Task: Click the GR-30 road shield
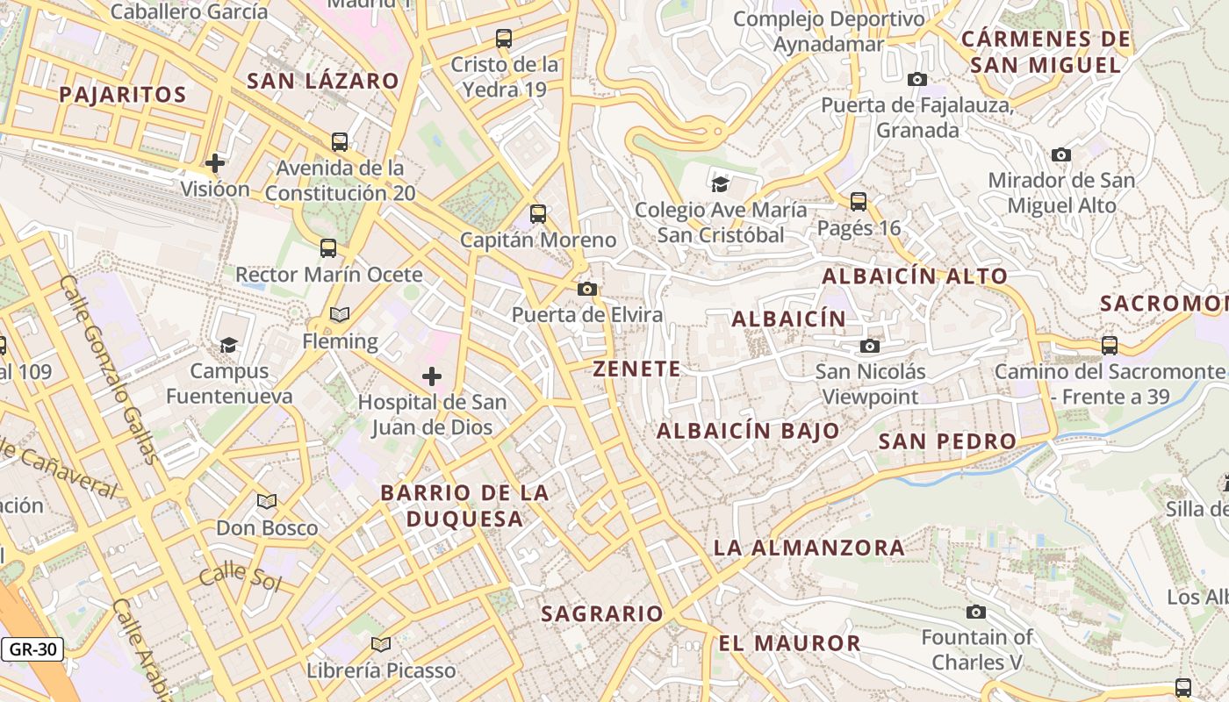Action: (x=32, y=650)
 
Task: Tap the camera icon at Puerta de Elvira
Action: (x=587, y=289)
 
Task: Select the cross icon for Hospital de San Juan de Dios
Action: (x=431, y=376)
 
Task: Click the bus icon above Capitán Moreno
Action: (x=537, y=213)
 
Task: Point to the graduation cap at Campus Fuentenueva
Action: (x=228, y=345)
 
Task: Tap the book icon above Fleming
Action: (x=340, y=314)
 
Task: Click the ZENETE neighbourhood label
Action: (x=636, y=369)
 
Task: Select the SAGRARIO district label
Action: (x=601, y=613)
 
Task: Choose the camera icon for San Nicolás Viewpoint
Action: (x=870, y=346)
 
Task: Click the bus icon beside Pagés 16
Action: (x=859, y=202)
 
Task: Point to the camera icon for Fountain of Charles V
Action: (x=976, y=612)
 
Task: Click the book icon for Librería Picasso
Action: (x=380, y=645)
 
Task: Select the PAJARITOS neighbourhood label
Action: (x=123, y=95)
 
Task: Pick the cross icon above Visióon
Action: (x=215, y=162)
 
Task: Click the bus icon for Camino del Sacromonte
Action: (x=1110, y=345)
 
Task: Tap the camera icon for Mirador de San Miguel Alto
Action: (x=1060, y=154)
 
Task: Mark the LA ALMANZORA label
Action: (x=809, y=548)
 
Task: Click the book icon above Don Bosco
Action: (x=267, y=502)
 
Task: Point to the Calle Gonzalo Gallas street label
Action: (x=110, y=369)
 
